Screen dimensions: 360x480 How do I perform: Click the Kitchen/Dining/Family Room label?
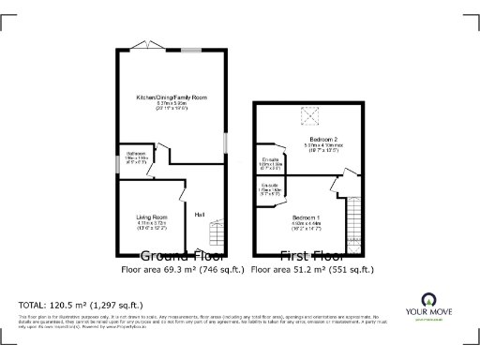(x=172, y=97)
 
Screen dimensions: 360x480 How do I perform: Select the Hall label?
(x=200, y=216)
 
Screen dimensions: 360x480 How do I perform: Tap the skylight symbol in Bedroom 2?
(x=308, y=116)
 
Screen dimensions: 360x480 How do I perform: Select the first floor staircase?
(x=353, y=221)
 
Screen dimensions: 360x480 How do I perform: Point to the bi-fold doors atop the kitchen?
(x=147, y=46)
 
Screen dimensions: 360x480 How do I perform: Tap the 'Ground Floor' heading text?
(x=181, y=256)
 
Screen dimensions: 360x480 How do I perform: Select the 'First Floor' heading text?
(x=312, y=256)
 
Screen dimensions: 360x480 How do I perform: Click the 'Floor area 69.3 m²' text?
(x=183, y=270)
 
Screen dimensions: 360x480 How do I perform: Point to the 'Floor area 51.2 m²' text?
(x=313, y=270)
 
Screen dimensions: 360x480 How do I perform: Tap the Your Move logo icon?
(x=432, y=301)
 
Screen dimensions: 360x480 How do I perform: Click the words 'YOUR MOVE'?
(x=432, y=313)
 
